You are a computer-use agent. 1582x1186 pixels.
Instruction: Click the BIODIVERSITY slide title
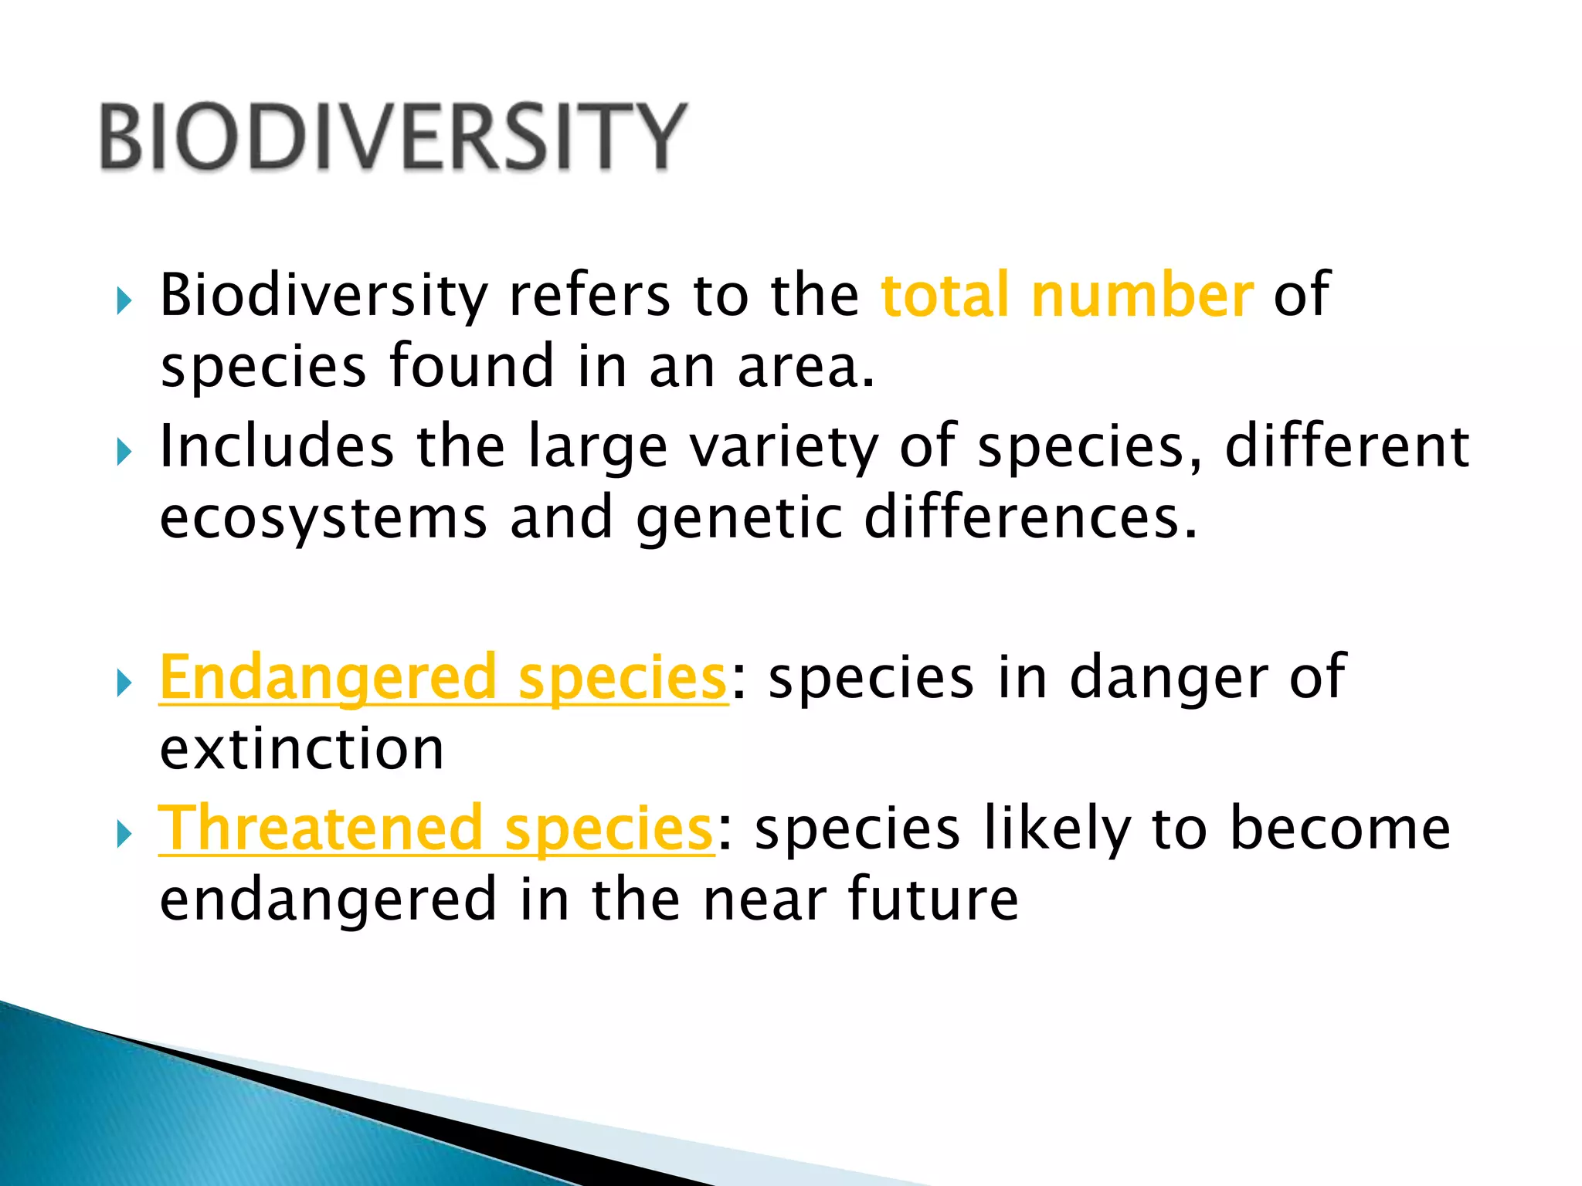392,137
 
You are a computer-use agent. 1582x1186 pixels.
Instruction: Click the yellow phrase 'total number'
1067,296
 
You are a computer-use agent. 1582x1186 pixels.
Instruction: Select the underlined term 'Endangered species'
443,678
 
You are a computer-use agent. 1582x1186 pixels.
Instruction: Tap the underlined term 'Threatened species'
436,829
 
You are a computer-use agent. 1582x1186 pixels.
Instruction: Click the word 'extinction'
302,749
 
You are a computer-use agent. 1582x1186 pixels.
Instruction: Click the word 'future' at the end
933,900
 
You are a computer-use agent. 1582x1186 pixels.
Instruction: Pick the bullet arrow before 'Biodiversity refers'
124,301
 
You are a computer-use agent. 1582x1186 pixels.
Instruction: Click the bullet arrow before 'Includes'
124,452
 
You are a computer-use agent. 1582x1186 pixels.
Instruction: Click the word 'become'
1340,829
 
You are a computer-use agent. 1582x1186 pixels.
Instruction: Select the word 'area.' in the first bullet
806,368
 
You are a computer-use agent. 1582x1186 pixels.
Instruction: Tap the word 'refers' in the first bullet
589,296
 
